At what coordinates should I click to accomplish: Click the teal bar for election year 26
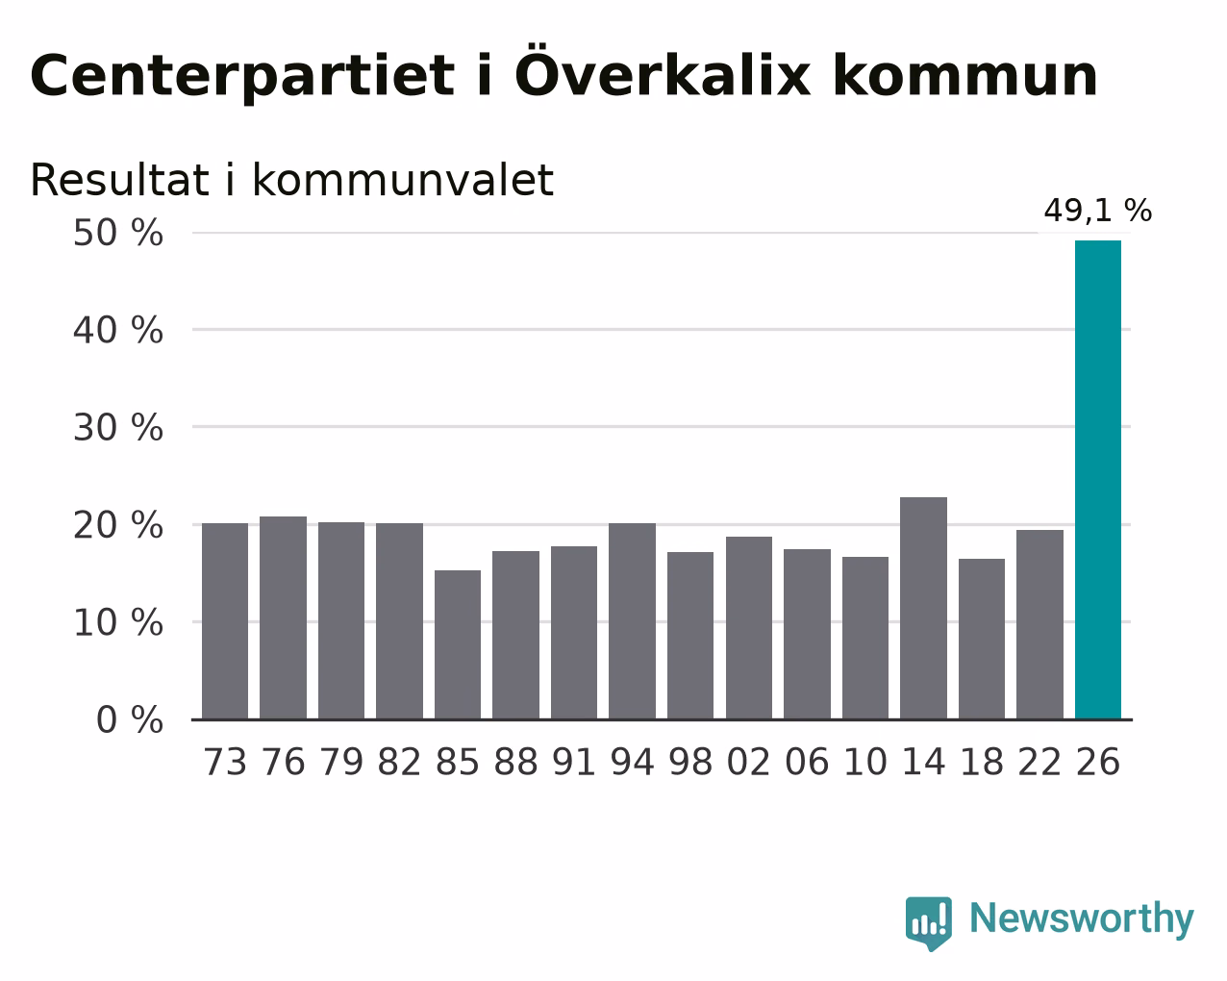coord(1097,480)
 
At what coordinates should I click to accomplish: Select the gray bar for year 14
coord(923,608)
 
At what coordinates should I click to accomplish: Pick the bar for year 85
coord(458,644)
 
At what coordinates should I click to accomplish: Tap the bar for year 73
coord(225,621)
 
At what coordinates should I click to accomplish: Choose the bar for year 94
coord(632,621)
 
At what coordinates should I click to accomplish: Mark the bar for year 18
coord(981,639)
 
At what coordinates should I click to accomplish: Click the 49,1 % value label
coord(1097,210)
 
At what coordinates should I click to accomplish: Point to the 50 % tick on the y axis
coord(118,233)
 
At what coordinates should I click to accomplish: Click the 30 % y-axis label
coord(118,428)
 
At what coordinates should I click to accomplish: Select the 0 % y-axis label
coord(130,719)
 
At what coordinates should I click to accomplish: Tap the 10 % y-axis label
coord(118,622)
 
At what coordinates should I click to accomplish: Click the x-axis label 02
coord(748,762)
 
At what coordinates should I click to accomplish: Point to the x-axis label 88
coord(515,762)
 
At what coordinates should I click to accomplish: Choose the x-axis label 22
coord(1039,762)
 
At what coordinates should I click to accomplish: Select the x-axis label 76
coord(283,762)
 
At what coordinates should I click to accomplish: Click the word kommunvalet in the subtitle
coord(403,180)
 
